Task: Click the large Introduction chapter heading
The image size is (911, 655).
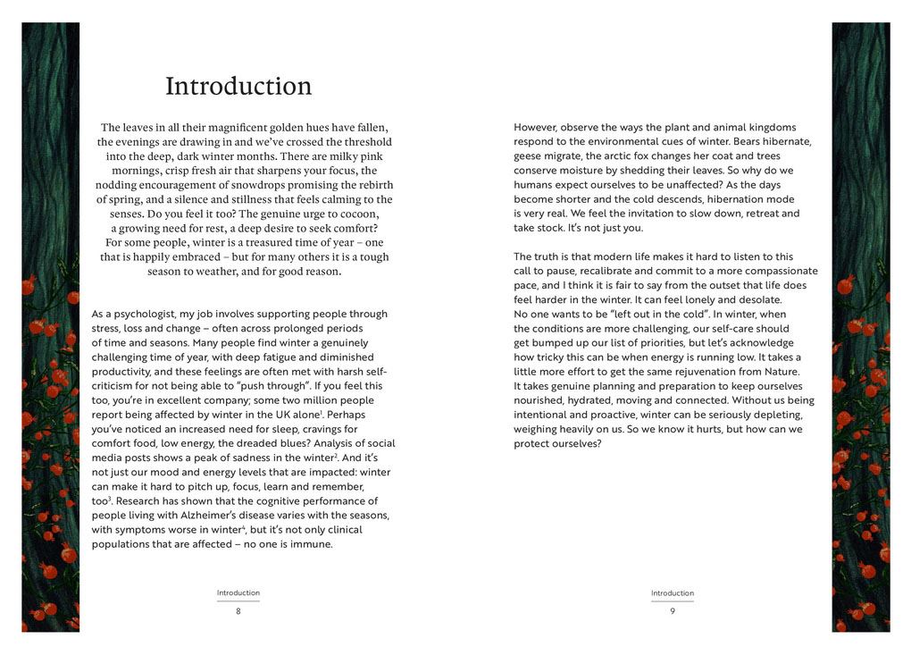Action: tap(238, 87)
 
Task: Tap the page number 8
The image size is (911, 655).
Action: tap(238, 611)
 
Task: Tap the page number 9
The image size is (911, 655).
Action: tap(673, 611)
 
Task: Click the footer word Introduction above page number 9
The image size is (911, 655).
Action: tap(673, 593)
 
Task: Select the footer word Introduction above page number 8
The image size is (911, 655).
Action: tap(238, 593)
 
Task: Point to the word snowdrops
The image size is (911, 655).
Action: tap(248, 185)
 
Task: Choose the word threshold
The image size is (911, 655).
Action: tap(364, 142)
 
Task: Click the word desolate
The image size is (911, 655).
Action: tap(756, 300)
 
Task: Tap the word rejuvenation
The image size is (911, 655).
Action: tap(697, 372)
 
